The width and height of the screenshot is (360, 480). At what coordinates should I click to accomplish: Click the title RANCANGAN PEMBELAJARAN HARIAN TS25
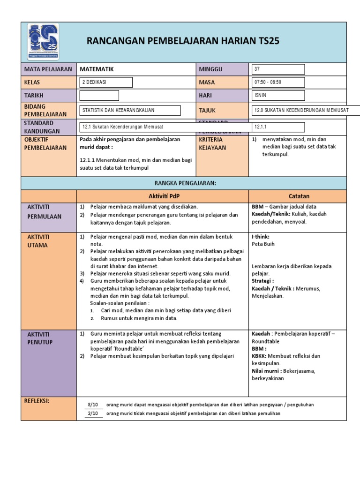coord(183,41)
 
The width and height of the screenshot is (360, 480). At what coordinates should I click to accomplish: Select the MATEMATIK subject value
coord(97,69)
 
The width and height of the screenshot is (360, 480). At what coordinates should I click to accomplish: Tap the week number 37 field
coord(278,69)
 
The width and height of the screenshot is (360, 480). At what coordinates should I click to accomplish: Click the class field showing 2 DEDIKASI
coord(106,82)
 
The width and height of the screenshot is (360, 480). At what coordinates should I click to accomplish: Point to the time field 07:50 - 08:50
coord(278,82)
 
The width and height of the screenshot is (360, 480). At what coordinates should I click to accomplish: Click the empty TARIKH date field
coord(99,96)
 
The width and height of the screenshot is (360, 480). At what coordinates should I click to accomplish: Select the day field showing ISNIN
coord(278,96)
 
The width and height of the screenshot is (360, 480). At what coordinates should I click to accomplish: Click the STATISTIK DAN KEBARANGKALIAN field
coord(130,110)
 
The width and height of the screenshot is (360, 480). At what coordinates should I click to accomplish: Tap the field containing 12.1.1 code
coord(278,127)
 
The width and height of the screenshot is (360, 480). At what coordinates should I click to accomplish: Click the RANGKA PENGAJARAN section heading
coord(183,183)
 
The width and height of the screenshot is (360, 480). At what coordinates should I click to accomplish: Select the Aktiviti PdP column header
coord(162,196)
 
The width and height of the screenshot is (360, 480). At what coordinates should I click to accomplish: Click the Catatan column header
coord(299,196)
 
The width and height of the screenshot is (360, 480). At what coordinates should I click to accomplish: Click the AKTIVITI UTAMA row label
coord(38,241)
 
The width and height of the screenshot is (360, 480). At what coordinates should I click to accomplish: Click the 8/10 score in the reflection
coord(93,405)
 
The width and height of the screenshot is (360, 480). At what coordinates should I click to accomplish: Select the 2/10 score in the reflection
coord(93,413)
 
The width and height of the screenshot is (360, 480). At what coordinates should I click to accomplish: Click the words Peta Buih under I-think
coord(263,244)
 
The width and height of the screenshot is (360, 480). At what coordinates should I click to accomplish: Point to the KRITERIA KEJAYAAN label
coord(213,143)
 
